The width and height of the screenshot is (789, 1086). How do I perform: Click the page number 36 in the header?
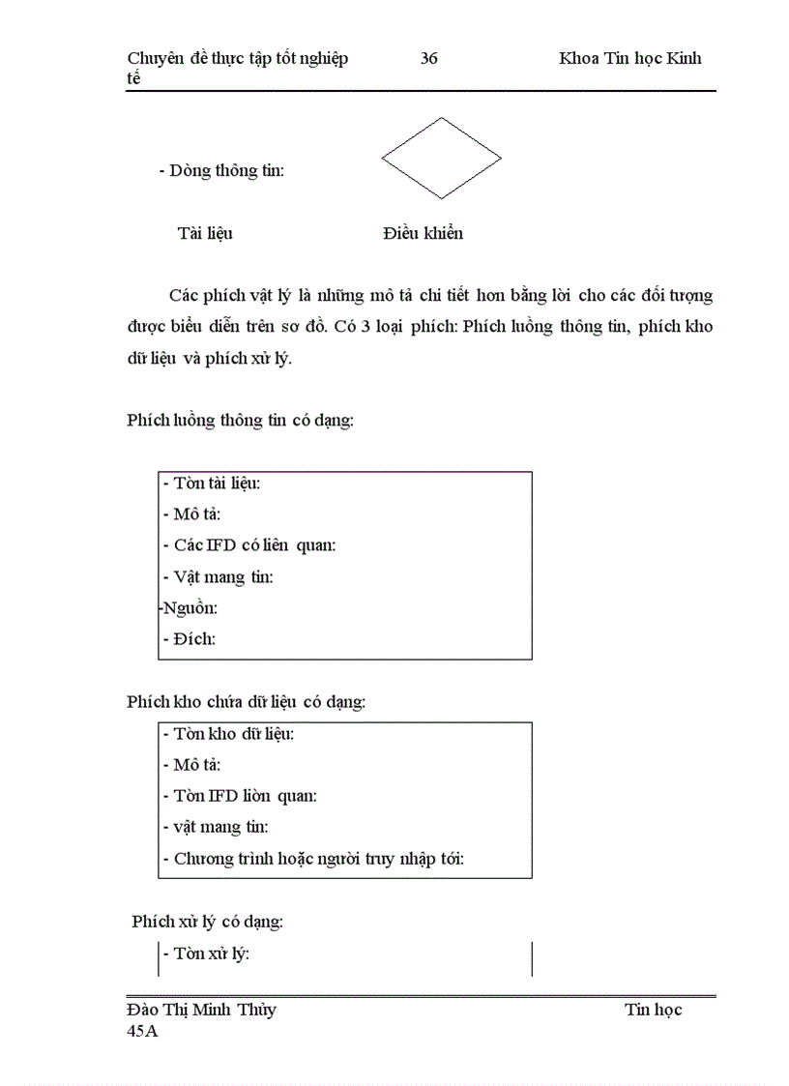click(x=429, y=58)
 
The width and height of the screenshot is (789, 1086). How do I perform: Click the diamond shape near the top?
click(x=441, y=158)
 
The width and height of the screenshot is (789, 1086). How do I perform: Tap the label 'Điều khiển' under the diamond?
click(x=423, y=233)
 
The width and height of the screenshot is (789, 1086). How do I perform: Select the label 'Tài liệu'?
click(x=205, y=233)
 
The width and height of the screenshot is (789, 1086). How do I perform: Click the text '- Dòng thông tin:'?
click(x=221, y=171)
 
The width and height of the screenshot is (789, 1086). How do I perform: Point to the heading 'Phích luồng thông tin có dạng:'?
click(x=240, y=420)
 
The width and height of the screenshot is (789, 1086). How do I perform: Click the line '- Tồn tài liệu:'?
click(x=212, y=483)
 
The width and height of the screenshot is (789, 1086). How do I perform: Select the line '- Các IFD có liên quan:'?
click(x=249, y=544)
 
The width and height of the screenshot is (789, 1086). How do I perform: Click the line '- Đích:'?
click(x=190, y=639)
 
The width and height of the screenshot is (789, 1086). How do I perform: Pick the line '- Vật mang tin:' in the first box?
click(x=218, y=577)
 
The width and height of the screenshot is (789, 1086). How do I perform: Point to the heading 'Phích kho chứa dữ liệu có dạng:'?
click(x=246, y=702)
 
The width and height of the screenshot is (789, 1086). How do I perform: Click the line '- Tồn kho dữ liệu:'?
click(x=229, y=733)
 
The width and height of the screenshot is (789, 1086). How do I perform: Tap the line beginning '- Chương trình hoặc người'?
click(x=313, y=859)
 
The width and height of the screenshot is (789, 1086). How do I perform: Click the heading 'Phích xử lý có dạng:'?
click(x=208, y=922)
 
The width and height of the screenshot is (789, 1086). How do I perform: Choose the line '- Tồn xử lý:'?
click(x=207, y=954)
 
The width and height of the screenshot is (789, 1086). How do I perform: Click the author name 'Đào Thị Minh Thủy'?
click(x=201, y=1010)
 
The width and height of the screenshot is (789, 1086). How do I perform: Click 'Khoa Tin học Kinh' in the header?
click(x=629, y=58)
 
